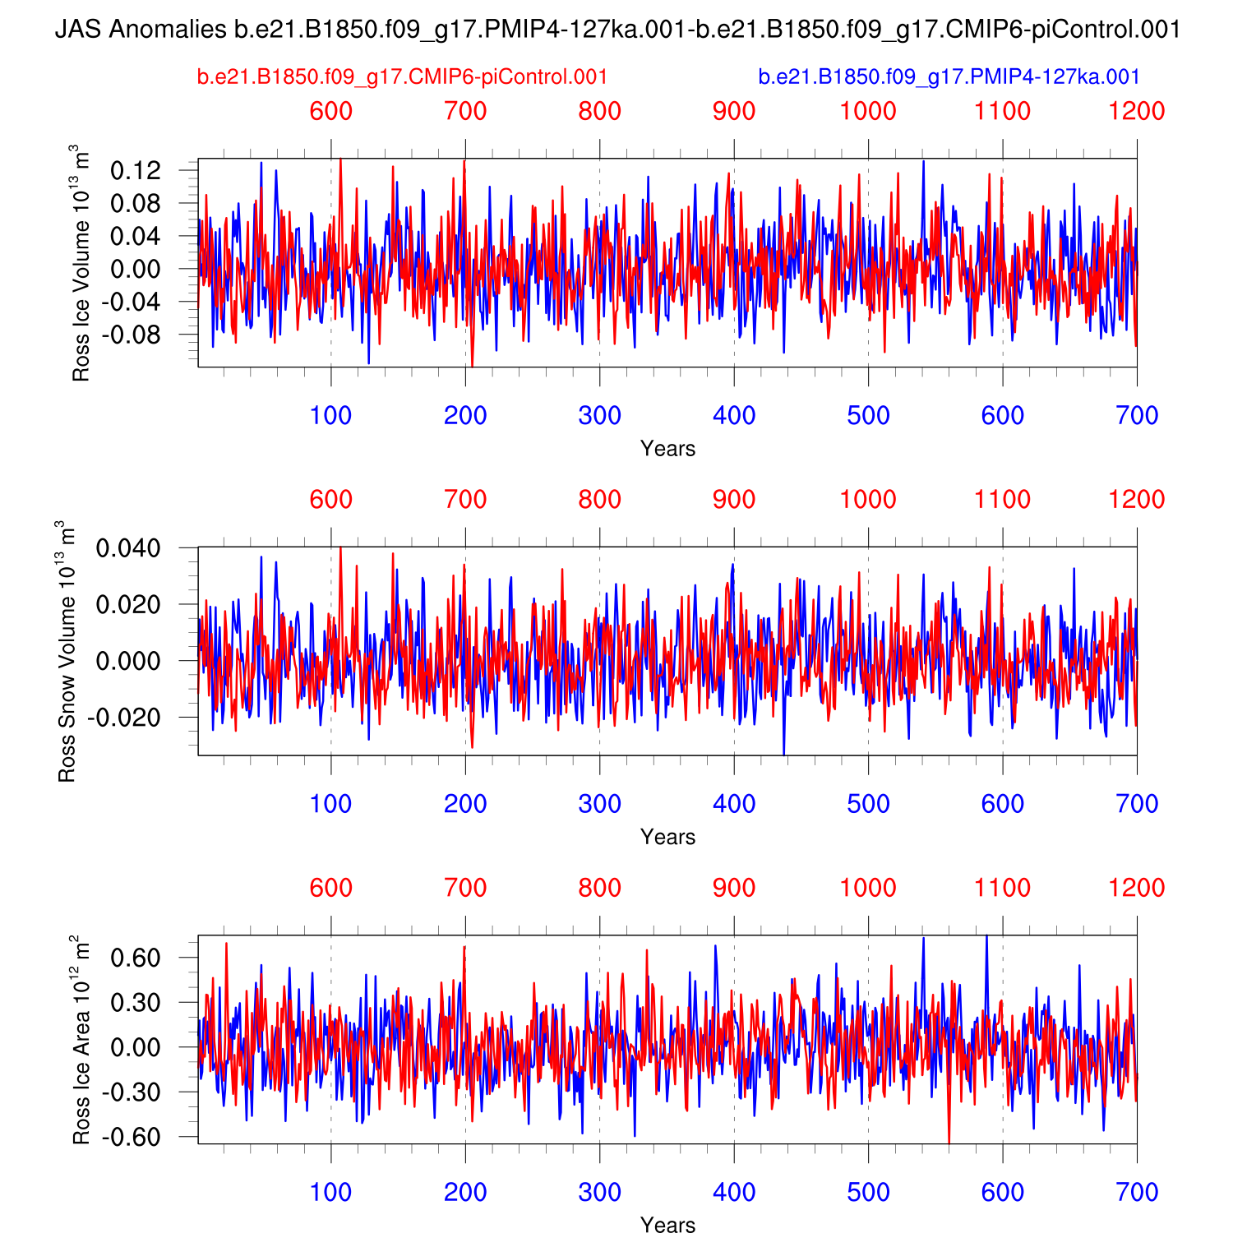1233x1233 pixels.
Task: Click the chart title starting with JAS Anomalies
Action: (617, 30)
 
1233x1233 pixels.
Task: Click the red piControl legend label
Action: (402, 77)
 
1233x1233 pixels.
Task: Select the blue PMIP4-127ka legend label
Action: (949, 77)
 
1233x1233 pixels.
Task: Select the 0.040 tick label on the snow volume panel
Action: (129, 548)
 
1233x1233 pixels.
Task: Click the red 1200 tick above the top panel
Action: (1137, 111)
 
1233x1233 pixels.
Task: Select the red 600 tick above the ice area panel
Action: (331, 888)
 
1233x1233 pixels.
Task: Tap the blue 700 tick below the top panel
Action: (1137, 415)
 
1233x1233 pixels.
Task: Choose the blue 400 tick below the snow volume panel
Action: (734, 804)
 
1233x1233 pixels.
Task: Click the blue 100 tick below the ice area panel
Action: (331, 1192)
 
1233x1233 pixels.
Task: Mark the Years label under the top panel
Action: (667, 449)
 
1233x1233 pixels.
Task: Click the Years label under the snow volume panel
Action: (667, 837)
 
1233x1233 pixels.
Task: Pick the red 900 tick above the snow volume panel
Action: (734, 500)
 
